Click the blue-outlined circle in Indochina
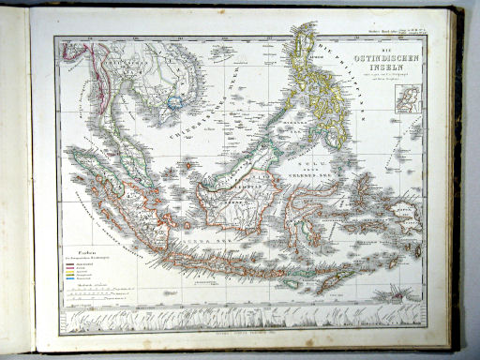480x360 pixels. pos(174,99)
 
